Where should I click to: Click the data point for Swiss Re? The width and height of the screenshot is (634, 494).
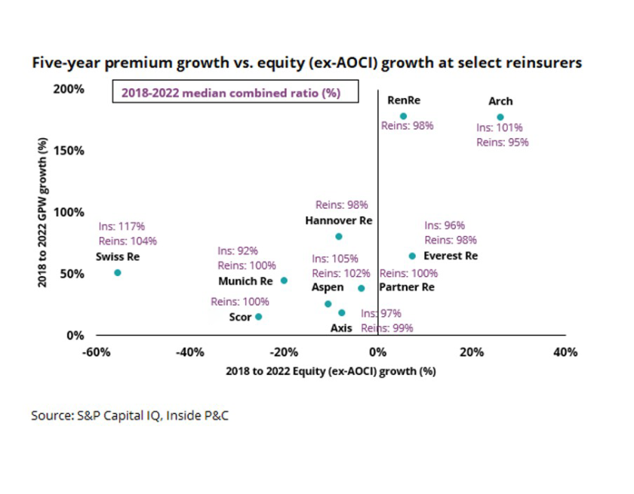(x=117, y=272)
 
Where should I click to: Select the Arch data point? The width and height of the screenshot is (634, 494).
(x=500, y=117)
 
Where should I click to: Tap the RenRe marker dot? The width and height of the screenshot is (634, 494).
(x=403, y=116)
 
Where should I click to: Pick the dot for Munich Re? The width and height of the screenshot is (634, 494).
(x=284, y=281)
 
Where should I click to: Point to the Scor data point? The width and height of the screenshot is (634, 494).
(x=258, y=317)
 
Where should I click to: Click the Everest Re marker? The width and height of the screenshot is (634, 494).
(x=412, y=256)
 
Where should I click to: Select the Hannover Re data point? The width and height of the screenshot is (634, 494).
(x=338, y=236)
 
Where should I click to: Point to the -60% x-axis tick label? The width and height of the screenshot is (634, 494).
(x=94, y=351)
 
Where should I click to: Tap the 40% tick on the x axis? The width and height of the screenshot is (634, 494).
(x=565, y=351)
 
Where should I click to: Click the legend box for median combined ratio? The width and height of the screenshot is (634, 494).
(x=235, y=94)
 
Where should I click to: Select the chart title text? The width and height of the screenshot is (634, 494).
(x=306, y=63)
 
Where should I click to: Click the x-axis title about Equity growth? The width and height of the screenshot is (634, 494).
(x=331, y=371)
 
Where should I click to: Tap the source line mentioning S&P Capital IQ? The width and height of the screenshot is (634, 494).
(x=129, y=415)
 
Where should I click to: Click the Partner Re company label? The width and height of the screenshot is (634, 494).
(x=406, y=287)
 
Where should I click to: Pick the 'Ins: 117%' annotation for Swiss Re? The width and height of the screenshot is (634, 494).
(x=122, y=226)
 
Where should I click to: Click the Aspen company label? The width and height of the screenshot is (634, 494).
(x=328, y=287)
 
